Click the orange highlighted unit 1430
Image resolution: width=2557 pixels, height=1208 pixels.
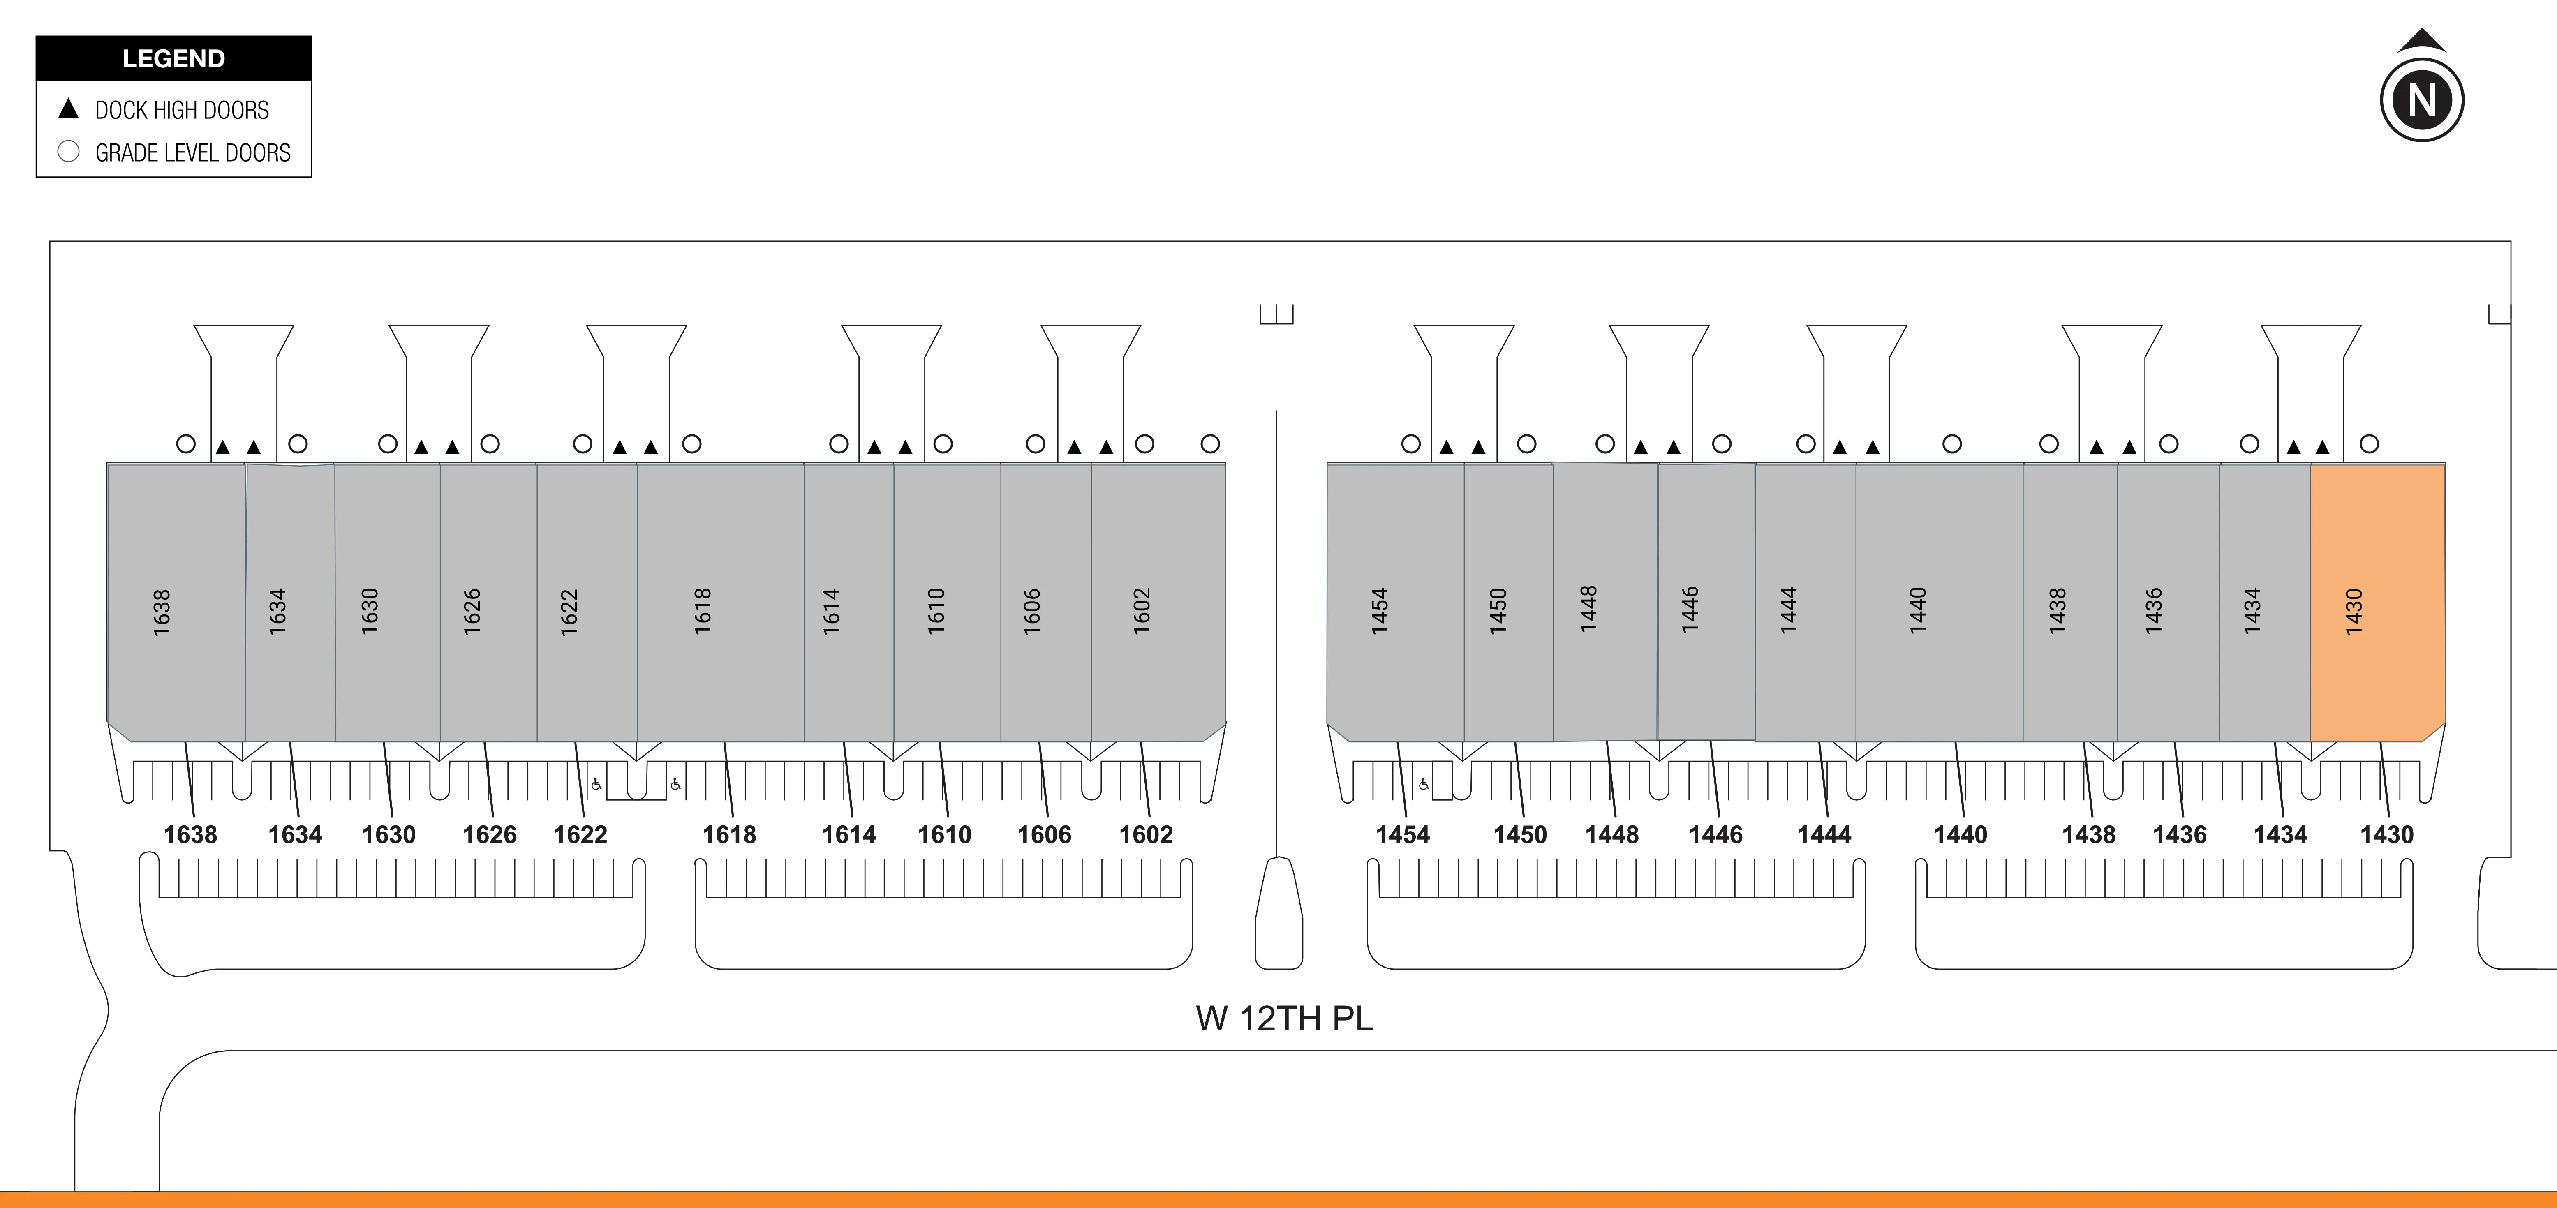click(2377, 603)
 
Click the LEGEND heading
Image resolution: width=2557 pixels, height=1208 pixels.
click(174, 58)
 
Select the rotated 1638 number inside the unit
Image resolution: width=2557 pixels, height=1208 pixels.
click(162, 612)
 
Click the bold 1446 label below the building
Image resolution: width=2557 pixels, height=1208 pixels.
click(1715, 835)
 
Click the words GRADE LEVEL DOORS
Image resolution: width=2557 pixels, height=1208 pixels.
click(192, 153)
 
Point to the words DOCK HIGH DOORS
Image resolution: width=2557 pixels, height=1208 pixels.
click(182, 110)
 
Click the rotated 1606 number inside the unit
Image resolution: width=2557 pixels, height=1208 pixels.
click(1031, 612)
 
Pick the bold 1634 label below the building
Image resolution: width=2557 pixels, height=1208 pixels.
click(295, 835)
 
